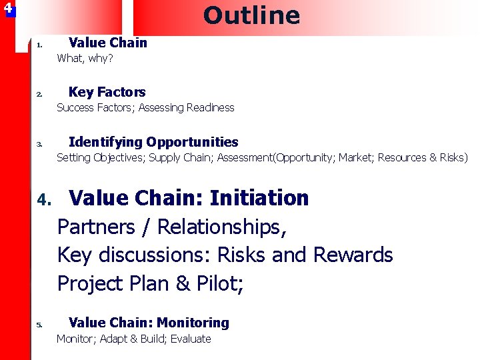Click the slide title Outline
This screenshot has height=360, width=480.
coord(251,15)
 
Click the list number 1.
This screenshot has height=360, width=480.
coord(39,46)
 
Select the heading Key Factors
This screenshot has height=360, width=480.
coord(107,92)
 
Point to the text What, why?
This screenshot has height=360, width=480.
coord(85,58)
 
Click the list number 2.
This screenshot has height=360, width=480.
coord(39,95)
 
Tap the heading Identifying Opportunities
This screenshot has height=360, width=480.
coord(153,141)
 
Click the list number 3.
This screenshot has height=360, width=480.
coord(39,144)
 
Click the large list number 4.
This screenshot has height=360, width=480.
coord(44,199)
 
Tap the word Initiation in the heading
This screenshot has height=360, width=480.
coord(259,198)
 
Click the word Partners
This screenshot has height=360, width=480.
coord(96,227)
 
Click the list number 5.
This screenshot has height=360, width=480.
coord(39,325)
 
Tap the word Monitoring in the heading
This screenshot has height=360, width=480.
coord(192,323)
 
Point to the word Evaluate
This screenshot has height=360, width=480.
coord(191,339)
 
